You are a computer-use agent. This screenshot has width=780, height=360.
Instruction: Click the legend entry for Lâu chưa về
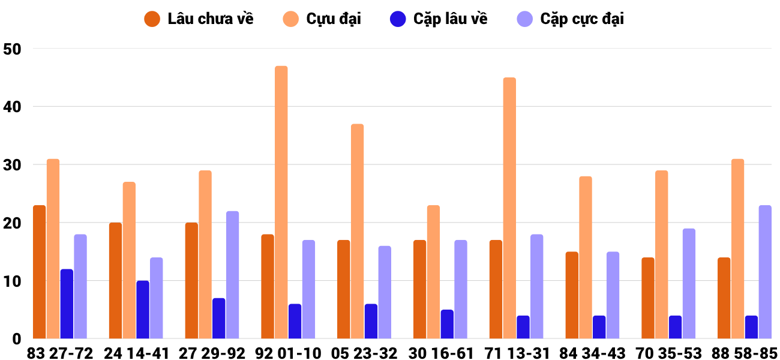(x=199, y=19)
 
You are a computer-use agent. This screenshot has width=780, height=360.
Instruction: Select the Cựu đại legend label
(x=322, y=19)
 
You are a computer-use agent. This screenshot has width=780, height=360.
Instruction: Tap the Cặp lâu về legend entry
(x=439, y=19)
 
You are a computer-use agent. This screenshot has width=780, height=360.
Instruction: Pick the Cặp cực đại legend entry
(x=571, y=19)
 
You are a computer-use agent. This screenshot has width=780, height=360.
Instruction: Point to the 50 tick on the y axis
(x=12, y=49)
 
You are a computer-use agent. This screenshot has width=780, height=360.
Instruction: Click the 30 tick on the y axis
(x=12, y=165)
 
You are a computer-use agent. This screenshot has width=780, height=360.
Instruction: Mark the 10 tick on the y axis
(x=12, y=281)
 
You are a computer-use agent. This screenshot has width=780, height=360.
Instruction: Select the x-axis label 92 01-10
(x=288, y=353)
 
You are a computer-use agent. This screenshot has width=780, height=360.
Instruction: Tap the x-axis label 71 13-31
(x=517, y=353)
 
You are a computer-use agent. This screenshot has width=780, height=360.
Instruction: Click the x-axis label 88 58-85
(x=745, y=353)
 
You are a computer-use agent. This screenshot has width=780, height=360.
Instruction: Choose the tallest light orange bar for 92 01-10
(x=281, y=202)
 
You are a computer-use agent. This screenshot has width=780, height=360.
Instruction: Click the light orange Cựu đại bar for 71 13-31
(x=509, y=208)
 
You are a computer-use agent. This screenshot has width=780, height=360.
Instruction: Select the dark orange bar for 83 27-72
(x=40, y=272)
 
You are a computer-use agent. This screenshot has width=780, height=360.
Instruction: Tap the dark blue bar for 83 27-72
(x=67, y=304)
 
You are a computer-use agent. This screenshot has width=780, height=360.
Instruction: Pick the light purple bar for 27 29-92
(x=233, y=275)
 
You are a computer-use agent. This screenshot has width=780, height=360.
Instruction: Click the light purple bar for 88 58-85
(x=765, y=272)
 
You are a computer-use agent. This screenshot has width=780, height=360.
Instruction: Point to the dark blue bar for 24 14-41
(x=143, y=310)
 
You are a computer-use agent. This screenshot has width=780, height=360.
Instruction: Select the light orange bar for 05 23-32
(x=357, y=231)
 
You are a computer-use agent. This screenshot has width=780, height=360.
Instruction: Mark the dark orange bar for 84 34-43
(x=572, y=295)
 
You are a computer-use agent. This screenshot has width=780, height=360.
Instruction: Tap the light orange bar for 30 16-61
(x=434, y=272)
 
